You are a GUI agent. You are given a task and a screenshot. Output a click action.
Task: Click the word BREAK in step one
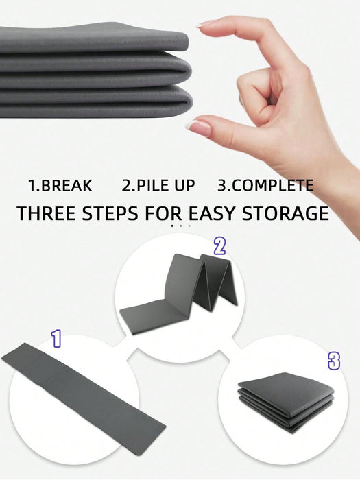coord(66,186)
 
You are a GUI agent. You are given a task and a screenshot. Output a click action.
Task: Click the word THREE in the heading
coord(46,213)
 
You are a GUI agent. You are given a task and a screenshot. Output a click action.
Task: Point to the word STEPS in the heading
coord(110,213)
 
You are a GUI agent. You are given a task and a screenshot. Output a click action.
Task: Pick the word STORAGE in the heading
coord(285,213)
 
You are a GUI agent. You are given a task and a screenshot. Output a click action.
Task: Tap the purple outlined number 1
coord(56,339)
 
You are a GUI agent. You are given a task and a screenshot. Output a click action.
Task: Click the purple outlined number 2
coord(220,246)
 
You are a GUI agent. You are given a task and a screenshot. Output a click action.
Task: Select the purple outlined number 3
coord(334,361)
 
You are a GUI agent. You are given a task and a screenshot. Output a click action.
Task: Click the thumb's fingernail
coord(199,127)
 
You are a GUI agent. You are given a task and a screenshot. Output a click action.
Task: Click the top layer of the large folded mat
coord(93,39)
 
